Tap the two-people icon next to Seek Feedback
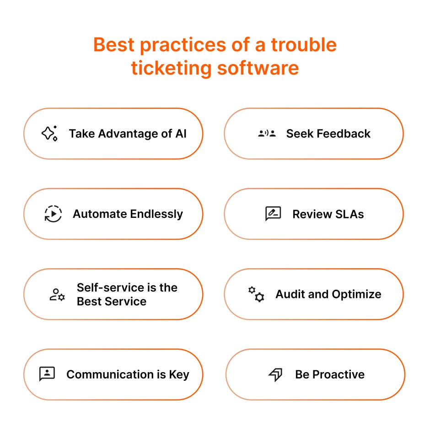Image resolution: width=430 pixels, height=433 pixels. pos(267,134)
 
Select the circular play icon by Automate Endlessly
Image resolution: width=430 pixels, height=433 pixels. pos(53,214)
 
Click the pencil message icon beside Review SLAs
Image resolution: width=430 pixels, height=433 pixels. pos(273,214)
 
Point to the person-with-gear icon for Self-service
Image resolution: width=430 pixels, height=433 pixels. pos(57,294)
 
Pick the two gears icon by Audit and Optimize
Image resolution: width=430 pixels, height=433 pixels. pos(256,294)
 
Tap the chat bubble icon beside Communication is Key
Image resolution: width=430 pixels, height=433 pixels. pos(47,374)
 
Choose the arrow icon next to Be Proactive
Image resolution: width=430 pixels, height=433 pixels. pos(275,374)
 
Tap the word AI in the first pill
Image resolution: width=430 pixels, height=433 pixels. pos(181,134)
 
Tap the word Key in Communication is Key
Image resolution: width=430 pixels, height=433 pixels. pos(179,374)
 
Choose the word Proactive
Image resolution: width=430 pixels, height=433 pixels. pos(339,374)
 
